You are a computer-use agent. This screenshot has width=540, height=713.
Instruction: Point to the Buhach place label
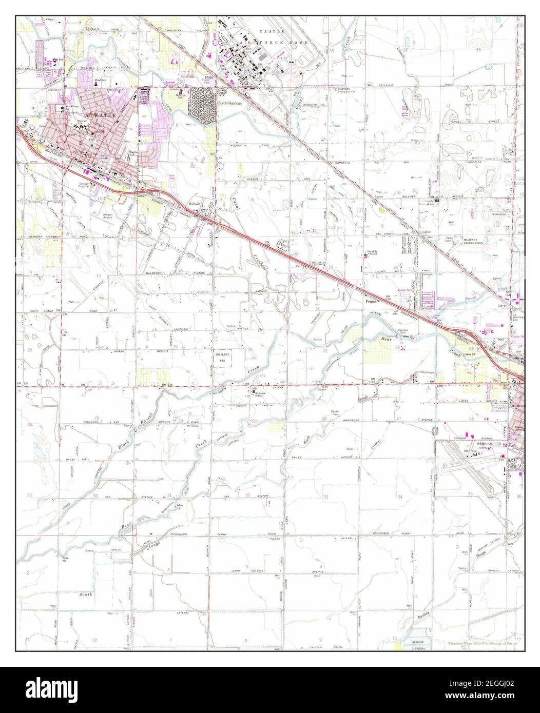194,204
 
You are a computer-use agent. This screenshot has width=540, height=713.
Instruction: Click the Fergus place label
371,301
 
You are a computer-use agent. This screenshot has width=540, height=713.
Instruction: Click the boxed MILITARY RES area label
223,357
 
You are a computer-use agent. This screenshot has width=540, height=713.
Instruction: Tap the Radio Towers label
452,241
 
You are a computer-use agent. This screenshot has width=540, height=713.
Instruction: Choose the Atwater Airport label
107,215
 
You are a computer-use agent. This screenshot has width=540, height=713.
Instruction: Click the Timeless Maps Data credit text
484,643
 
